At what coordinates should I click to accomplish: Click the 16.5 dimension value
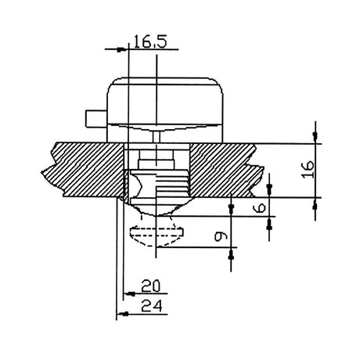point(150,42)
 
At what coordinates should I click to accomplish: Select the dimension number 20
point(150,286)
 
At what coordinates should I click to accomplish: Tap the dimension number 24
point(151,306)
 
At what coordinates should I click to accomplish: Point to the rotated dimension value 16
point(308,170)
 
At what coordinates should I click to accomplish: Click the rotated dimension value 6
point(260,207)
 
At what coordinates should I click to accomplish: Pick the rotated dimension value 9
point(221,236)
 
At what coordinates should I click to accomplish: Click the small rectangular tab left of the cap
point(96,119)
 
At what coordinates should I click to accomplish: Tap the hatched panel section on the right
point(225,170)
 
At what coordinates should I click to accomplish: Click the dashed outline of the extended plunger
point(156,232)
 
